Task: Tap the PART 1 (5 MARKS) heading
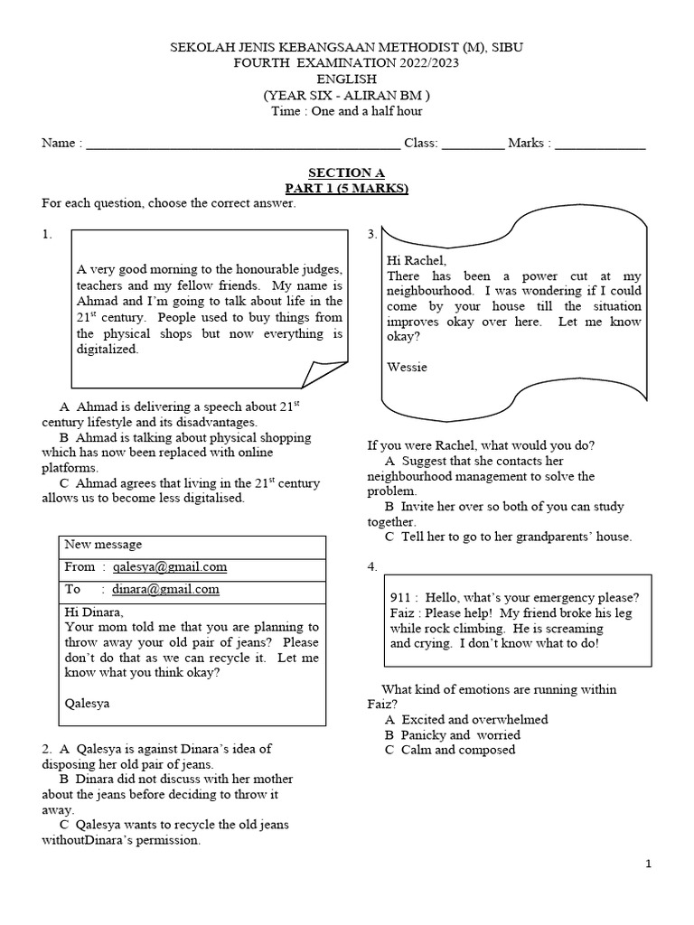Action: pos(346,188)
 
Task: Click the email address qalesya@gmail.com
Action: pos(170,567)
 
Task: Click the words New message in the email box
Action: pos(103,545)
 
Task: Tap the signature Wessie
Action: pos(407,368)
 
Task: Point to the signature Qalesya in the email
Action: pos(88,703)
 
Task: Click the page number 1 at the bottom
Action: pos(648,864)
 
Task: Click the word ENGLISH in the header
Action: pos(346,79)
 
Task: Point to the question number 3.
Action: pos(371,235)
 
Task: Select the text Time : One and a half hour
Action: pos(346,111)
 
